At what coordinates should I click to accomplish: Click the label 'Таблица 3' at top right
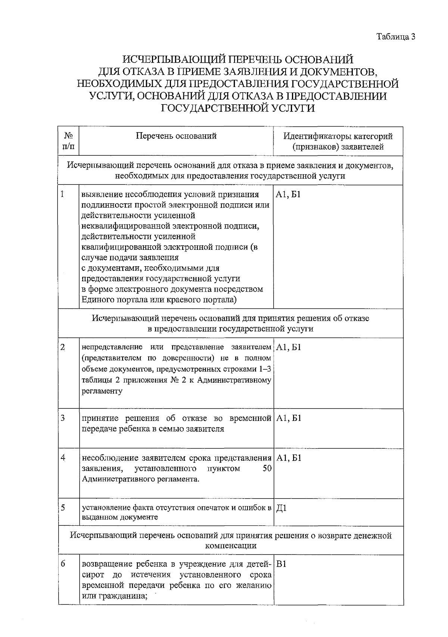(396, 37)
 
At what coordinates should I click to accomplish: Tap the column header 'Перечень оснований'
(176, 136)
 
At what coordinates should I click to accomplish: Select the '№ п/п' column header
(68, 141)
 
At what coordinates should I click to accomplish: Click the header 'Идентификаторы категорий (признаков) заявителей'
(338, 141)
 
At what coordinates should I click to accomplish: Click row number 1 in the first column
(63, 194)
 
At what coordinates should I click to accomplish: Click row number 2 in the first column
(63, 347)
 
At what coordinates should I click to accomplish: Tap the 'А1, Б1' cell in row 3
(289, 418)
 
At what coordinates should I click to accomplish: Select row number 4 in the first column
(63, 457)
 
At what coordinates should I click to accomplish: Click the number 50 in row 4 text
(267, 468)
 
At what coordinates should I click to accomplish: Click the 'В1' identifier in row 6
(281, 564)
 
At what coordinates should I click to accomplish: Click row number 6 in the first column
(63, 564)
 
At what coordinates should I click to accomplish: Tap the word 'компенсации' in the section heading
(231, 546)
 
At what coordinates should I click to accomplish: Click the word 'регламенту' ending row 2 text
(102, 391)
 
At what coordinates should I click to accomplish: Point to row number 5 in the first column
(63, 508)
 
